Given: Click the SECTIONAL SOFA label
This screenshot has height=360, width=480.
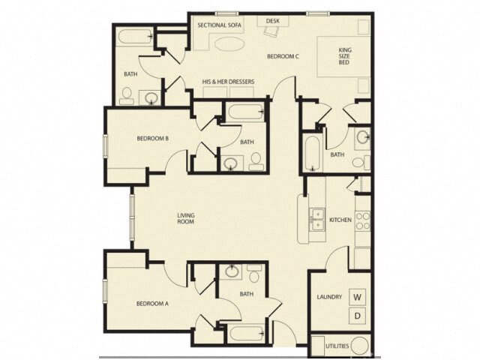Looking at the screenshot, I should pos(217,25).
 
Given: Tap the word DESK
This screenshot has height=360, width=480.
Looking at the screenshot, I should pos(272,21).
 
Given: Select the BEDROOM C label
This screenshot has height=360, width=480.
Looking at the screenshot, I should pos(283,56).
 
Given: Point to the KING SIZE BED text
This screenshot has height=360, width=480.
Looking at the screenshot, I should pos(345,56).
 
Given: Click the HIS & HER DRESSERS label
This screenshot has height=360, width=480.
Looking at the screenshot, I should pos(228,82).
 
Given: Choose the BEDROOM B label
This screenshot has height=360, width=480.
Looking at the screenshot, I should pos(151,138).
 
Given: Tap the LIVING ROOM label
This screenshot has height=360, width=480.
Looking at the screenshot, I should pos(186,218).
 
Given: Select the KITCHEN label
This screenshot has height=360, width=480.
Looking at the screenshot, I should pos(340,220).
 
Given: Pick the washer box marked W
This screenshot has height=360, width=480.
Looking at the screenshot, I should pos(358,297).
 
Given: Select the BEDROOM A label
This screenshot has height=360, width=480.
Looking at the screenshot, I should pos(151,304).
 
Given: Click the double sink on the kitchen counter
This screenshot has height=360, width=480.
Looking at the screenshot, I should pos(316,217).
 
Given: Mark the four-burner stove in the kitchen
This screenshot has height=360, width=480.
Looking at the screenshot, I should pos(362,220).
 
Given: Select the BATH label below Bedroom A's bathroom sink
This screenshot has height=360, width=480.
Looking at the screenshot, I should pos(247,295).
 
